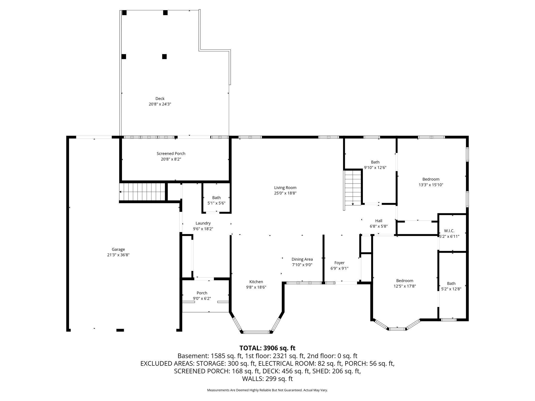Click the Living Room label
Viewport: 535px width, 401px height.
pos(285,188)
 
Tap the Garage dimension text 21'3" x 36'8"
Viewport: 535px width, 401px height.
pos(118,255)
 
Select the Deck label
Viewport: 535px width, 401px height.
pos(160,99)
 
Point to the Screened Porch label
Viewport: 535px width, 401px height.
pos(171,154)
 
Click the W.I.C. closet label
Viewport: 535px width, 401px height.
pos(449,231)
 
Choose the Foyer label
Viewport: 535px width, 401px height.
pos(339,263)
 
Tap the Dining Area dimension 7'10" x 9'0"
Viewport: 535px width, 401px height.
pos(302,265)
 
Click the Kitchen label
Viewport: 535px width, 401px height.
pos(256,282)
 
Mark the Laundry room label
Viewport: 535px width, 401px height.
pos(203,223)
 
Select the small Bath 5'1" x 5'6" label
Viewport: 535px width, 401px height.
pos(216,198)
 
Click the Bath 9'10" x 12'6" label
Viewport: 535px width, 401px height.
pos(375,162)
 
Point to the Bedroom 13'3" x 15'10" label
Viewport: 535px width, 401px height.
pos(431,179)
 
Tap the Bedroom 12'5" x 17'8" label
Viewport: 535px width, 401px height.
pos(405,281)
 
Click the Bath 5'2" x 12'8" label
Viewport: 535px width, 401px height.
pos(451,284)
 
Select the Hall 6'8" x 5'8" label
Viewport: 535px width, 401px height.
pos(379,221)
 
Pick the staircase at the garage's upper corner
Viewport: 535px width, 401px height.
pos(142,192)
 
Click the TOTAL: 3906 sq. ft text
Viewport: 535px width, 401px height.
pos(267,348)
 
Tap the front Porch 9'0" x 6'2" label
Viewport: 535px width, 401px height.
pos(202,293)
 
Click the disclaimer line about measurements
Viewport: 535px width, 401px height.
pos(267,390)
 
